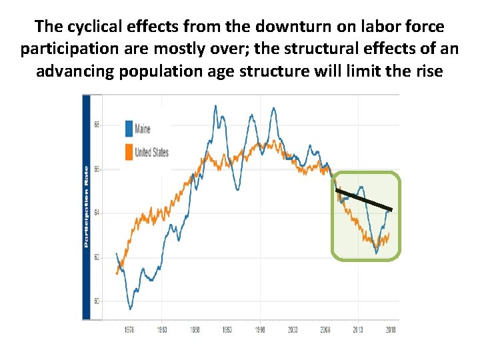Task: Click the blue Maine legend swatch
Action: [129, 129]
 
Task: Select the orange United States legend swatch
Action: [129, 152]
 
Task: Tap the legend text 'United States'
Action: [152, 152]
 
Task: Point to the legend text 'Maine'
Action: [143, 129]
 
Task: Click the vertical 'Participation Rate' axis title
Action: [87, 207]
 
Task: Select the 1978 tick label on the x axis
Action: [130, 329]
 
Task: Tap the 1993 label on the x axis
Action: [227, 329]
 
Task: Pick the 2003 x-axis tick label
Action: [292, 329]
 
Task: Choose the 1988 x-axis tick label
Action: [195, 329]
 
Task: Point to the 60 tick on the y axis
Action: [97, 301]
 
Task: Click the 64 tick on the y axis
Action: [97, 213]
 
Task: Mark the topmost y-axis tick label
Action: [97, 125]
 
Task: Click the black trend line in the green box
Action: [364, 201]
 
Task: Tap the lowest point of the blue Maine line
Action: [131, 308]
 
